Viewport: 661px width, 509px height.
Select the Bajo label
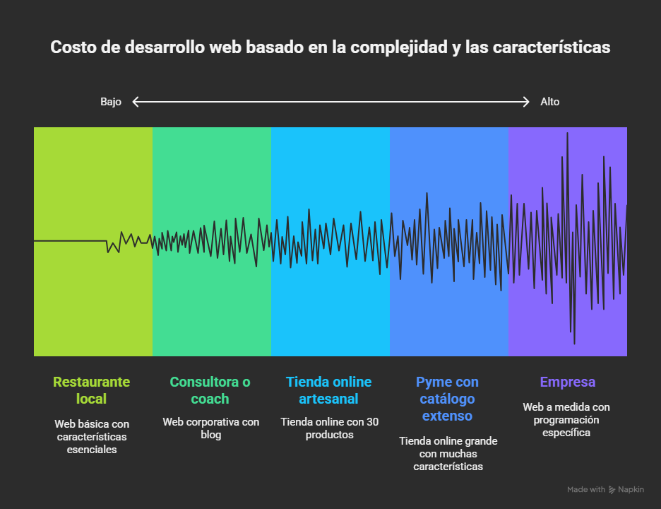pyautogui.click(x=111, y=102)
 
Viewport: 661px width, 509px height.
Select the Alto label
pyautogui.click(x=549, y=102)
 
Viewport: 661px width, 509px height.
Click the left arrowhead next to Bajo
pyautogui.click(x=136, y=102)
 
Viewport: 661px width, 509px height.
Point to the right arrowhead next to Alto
pyautogui.click(x=526, y=102)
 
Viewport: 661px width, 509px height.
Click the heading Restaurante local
pyautogui.click(x=92, y=390)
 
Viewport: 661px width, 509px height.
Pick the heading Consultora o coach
pyautogui.click(x=210, y=390)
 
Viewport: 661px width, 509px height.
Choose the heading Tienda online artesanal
pyautogui.click(x=328, y=390)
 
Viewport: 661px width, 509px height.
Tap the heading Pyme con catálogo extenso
pyautogui.click(x=447, y=399)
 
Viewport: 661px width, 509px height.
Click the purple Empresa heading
pyautogui.click(x=567, y=382)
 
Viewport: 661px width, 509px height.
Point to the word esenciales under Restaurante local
pyautogui.click(x=92, y=449)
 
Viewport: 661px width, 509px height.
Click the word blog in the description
pyautogui.click(x=211, y=435)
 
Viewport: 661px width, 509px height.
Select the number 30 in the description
pyautogui.click(x=372, y=422)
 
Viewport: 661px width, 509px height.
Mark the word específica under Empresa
pyautogui.click(x=566, y=432)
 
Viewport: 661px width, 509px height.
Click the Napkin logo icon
pyautogui.click(x=613, y=489)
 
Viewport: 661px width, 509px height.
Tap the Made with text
pyautogui.click(x=586, y=489)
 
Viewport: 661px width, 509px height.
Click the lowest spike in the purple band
pyautogui.click(x=574, y=344)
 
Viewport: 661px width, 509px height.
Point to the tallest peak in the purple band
pyautogui.click(x=567, y=133)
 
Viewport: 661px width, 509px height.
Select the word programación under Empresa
pyautogui.click(x=566, y=420)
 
